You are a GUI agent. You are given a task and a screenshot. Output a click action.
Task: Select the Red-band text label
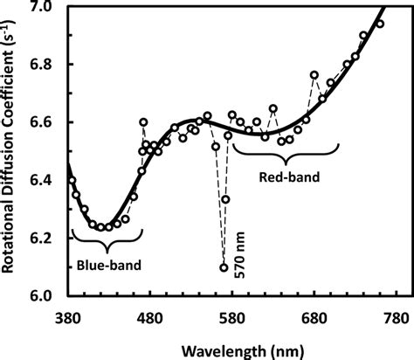tap(289, 177)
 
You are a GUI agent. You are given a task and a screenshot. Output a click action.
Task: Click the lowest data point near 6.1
tap(224, 267)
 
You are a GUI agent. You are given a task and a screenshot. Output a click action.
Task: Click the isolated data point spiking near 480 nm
tap(143, 122)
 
